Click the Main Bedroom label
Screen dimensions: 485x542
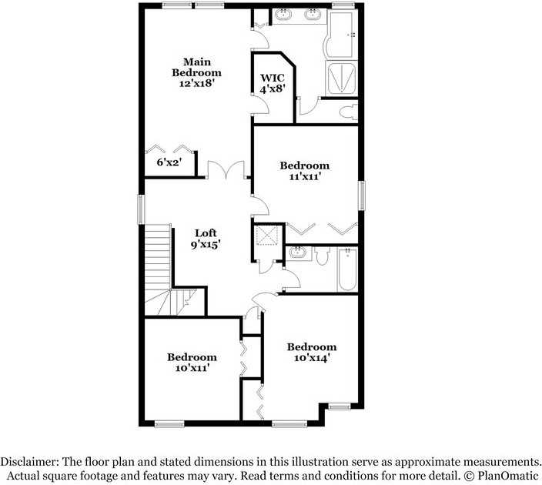[196, 72]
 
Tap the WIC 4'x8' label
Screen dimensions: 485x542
[273, 83]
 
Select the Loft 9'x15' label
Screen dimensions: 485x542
[206, 239]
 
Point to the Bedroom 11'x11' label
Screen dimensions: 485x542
[304, 171]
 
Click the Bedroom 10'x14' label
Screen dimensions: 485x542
[312, 352]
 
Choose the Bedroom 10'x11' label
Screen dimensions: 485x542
[192, 363]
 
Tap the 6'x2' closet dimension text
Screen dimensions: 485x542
[168, 162]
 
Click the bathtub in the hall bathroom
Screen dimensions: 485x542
[347, 269]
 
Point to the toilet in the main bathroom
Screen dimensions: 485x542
[347, 111]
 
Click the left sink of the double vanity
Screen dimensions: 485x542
[284, 15]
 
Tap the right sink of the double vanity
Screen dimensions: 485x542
[313, 15]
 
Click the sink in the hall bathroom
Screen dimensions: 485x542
[296, 254]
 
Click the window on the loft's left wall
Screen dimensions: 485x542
[141, 209]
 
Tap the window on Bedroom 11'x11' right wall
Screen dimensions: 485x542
[360, 194]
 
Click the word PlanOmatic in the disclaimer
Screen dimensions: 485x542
[504, 474]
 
